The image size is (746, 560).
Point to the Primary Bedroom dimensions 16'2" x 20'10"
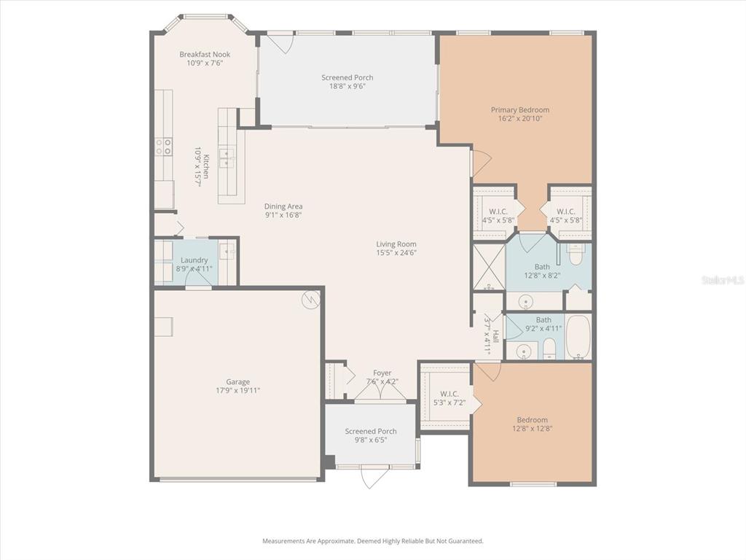point(519,119)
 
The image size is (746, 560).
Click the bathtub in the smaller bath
point(578,338)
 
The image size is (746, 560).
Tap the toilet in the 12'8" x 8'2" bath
point(576,255)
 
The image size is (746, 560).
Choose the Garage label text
point(237,381)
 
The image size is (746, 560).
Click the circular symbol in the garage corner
point(310,299)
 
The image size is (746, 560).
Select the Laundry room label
point(194,260)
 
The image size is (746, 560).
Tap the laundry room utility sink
point(227,252)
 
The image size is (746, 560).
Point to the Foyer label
point(382,373)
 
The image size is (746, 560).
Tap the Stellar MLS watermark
point(722,279)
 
